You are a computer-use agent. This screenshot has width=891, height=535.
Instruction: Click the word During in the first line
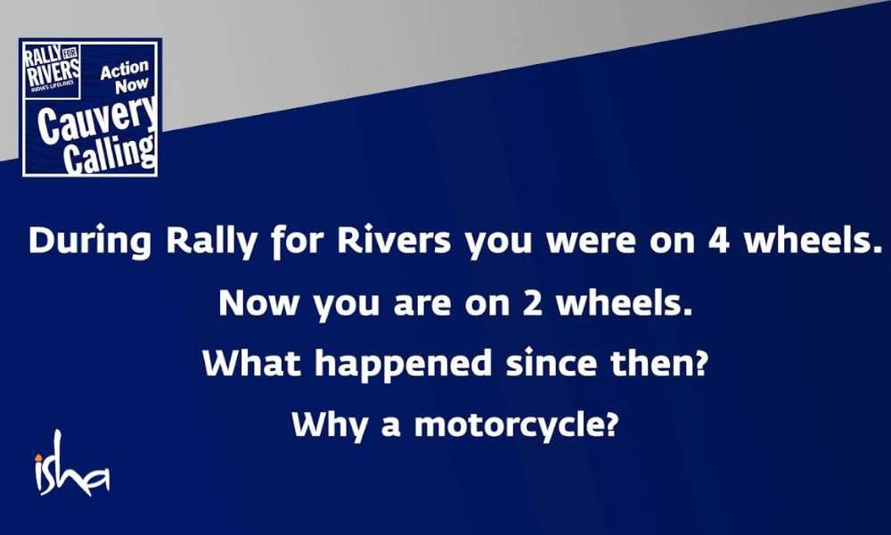point(90,242)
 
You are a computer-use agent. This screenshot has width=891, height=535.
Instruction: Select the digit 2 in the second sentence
point(533,303)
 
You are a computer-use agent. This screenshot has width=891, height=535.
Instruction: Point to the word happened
point(404,363)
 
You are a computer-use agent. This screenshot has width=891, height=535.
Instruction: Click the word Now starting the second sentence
point(258,303)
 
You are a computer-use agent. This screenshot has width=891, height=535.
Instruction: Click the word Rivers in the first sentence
point(393,241)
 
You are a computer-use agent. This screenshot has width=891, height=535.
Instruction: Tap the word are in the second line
point(421,305)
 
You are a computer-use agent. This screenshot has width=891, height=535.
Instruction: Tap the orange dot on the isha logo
point(38,457)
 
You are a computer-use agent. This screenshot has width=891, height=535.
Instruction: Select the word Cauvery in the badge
point(96,118)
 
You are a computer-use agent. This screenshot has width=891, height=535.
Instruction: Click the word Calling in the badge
point(109,153)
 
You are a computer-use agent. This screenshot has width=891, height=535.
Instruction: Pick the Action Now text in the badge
point(124,77)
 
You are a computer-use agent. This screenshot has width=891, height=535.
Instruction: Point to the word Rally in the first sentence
point(212,242)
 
